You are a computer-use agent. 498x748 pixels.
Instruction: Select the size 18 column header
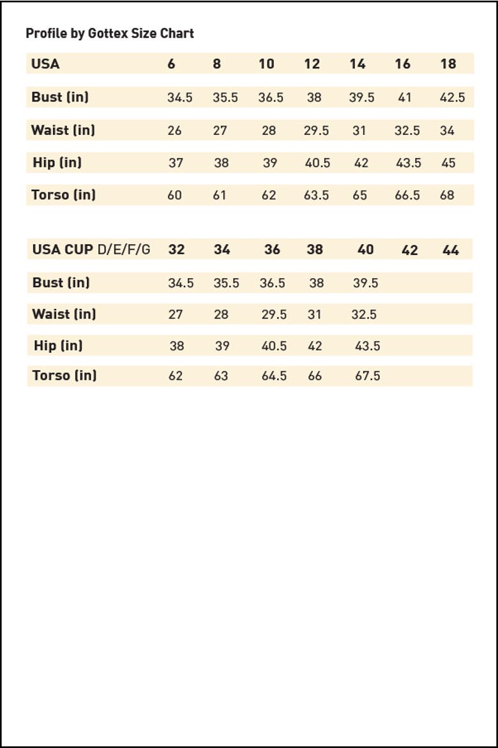point(448,64)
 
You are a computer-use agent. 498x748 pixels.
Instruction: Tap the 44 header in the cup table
point(450,250)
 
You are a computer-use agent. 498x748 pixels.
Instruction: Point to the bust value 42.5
point(452,97)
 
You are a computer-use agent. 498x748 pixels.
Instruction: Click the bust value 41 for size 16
point(405,97)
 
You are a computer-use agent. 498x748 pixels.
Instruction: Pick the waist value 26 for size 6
point(174,130)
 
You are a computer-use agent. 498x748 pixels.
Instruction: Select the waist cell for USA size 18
point(447,130)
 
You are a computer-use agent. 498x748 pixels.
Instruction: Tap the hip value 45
point(448,162)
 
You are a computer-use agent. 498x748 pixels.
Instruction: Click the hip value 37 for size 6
point(176,162)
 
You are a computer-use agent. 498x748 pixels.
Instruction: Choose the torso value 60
point(174,195)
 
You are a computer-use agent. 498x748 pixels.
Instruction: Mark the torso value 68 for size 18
point(447,195)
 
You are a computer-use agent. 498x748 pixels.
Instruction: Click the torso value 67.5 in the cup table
point(367,376)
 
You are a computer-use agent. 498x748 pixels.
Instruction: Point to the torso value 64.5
point(274,376)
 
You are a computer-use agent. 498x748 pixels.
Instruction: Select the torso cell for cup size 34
point(221,376)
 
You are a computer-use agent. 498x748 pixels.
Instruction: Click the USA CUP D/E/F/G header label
point(91,249)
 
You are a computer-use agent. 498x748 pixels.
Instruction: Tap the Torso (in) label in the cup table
point(64,375)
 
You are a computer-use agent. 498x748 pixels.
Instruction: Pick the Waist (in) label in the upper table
point(63,130)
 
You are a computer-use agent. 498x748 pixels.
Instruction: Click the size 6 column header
point(171,64)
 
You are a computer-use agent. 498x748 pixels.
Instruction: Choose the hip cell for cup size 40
point(367,346)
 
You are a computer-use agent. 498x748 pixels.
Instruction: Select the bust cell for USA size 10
point(271,97)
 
